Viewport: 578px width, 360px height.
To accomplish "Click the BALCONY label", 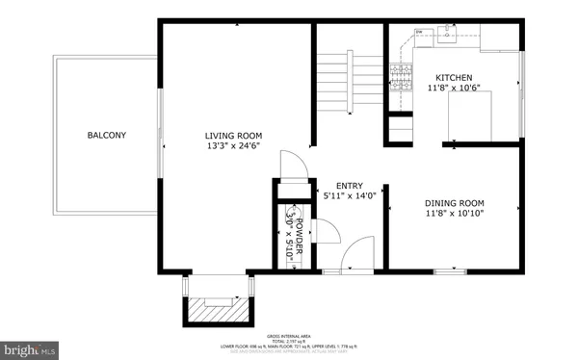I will coord(106,135).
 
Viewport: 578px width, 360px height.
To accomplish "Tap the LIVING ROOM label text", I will coord(233,135).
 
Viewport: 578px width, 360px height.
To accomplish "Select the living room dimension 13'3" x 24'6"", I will coord(233,147).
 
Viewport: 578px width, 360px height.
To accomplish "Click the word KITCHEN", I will coord(455,78).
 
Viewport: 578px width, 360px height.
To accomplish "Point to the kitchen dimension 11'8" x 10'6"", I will coord(455,89).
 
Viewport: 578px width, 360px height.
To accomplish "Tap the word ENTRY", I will coord(349,186).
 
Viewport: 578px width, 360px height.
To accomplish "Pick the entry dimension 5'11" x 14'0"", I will coord(349,197).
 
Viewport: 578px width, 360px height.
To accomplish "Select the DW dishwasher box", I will coord(420,34).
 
